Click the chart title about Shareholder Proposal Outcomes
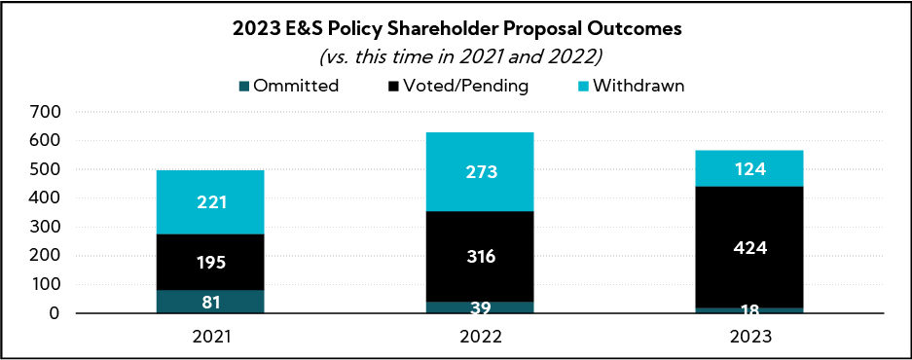456,29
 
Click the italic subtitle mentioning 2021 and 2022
456,56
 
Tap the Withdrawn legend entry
634,86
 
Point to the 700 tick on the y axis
47,112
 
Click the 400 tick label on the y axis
47,198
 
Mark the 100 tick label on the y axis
47,285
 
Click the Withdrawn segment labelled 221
210,202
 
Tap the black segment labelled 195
210,262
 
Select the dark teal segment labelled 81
210,302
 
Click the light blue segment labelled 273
480,172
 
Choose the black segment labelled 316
480,257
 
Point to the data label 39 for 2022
480,308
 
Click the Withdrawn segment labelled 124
749,168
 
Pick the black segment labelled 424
749,247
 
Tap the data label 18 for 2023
749,310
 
